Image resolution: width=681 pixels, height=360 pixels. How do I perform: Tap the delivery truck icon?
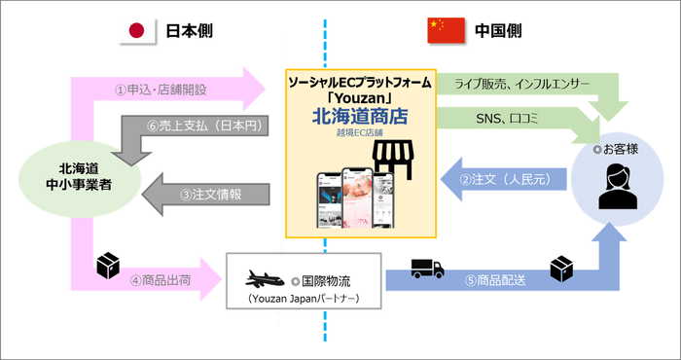point(429,267)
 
